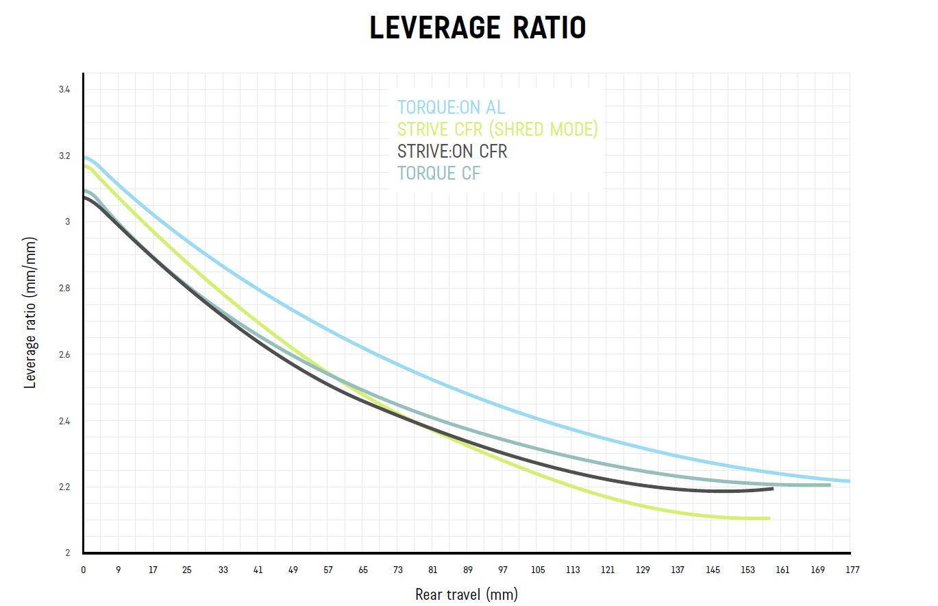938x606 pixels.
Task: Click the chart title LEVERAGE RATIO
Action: click(478, 28)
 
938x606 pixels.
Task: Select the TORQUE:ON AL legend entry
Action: click(451, 108)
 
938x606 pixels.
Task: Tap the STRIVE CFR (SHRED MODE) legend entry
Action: click(497, 129)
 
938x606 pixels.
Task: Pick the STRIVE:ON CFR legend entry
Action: click(452, 151)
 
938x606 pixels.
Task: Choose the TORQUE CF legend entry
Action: click(439, 173)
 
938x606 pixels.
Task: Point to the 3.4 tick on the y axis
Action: click(64, 90)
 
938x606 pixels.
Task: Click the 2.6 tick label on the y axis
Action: click(64, 355)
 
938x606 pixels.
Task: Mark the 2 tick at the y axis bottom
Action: click(67, 553)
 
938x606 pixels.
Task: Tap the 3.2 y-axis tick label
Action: click(64, 156)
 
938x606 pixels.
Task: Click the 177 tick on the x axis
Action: click(852, 570)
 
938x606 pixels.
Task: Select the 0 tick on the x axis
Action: click(84, 570)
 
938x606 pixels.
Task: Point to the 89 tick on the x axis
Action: click(468, 570)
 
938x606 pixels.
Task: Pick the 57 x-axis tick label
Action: click(328, 570)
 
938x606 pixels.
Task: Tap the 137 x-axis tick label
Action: click(678, 570)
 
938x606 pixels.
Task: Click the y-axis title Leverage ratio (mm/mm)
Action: click(30, 313)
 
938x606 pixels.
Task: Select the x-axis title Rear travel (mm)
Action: click(466, 594)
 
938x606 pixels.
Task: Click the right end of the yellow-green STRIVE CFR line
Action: click(769, 518)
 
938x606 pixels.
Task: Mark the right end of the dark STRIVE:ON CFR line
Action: click(773, 488)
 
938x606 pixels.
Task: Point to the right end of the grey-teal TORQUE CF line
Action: click(830, 485)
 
